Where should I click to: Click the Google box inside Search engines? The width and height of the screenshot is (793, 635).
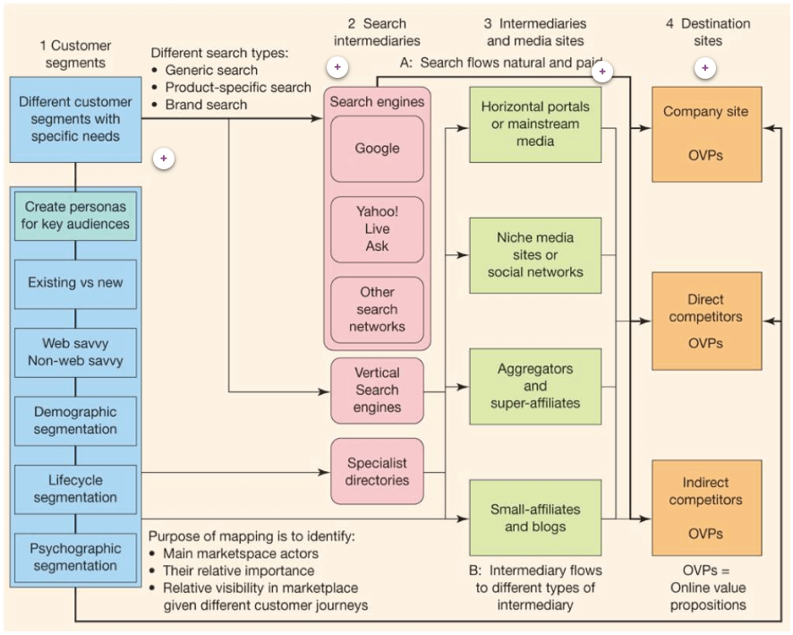tap(377, 149)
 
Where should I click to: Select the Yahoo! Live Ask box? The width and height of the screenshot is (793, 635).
tap(377, 229)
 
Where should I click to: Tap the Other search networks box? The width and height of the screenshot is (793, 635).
tap(377, 309)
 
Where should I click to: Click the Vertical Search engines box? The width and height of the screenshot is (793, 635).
tap(377, 390)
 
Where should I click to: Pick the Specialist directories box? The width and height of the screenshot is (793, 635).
tap(377, 471)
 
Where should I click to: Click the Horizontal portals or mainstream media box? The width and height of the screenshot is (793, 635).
tap(535, 124)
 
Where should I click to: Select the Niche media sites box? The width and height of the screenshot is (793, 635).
tap(535, 254)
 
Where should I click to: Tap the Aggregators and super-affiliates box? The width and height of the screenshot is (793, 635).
tap(535, 386)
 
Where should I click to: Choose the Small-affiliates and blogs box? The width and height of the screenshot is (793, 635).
tap(535, 518)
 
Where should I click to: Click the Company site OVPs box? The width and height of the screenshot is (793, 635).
tap(705, 133)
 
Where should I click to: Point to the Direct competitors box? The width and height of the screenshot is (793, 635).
tap(705, 321)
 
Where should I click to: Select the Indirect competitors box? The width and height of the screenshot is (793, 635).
tap(705, 509)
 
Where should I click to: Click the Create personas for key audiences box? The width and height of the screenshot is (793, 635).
tap(77, 215)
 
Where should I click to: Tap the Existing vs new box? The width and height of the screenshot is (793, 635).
tap(77, 284)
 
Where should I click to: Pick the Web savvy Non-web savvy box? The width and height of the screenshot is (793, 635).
tap(77, 352)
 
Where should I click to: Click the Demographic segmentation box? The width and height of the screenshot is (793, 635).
tap(77, 421)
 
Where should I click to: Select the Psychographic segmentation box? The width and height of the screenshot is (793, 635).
tap(77, 557)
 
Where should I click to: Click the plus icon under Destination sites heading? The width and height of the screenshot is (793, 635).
tap(706, 68)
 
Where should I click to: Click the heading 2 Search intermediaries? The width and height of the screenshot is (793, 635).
tap(376, 31)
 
